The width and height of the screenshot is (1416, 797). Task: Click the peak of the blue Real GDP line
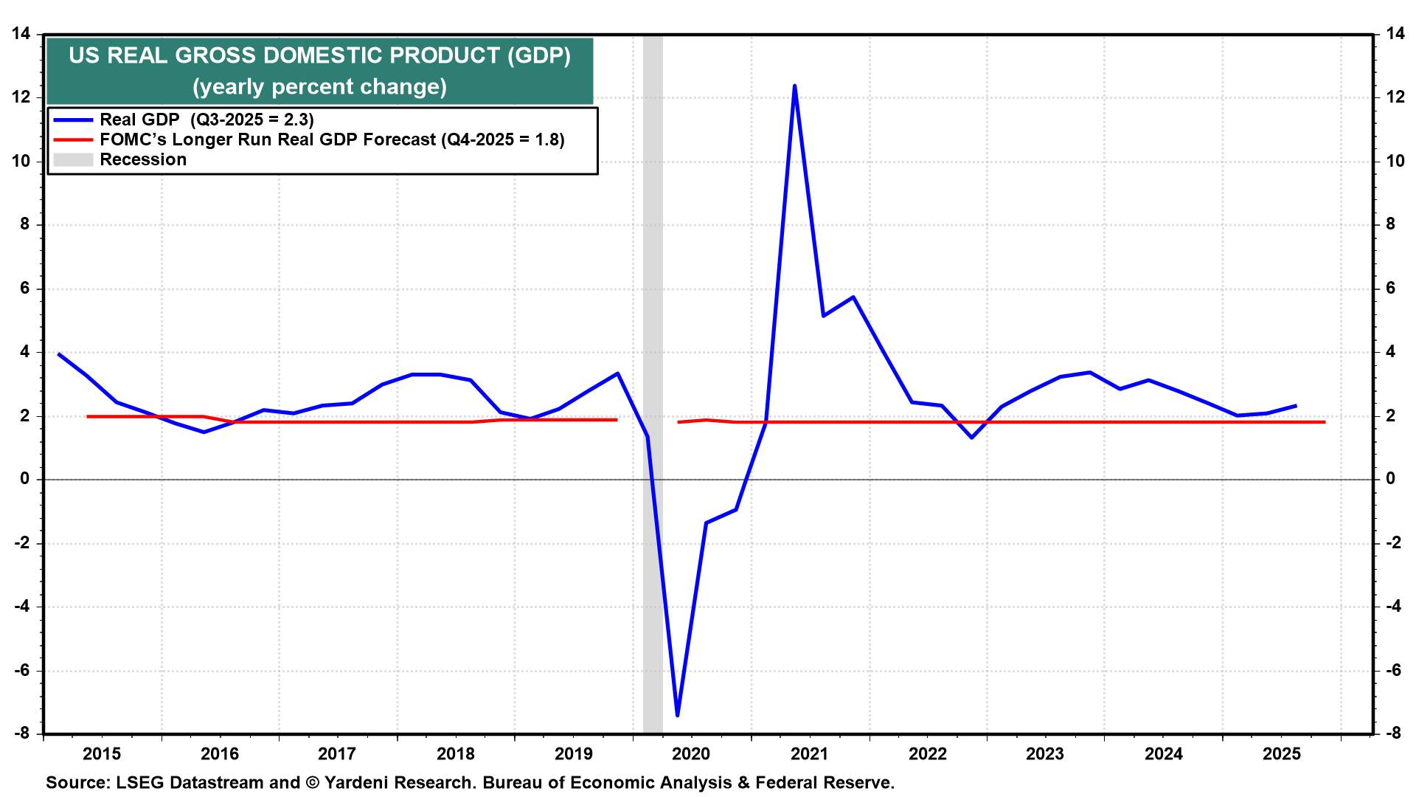click(794, 86)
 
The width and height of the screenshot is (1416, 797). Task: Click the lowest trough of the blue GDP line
click(677, 714)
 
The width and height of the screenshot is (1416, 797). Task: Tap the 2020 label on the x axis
click(691, 753)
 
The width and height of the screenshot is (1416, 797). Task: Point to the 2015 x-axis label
click(102, 753)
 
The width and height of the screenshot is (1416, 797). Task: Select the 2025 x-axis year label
click(1282, 753)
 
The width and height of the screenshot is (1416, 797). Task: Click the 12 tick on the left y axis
click(21, 97)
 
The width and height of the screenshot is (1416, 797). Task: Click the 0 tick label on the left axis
click(25, 479)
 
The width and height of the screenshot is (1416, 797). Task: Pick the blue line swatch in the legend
click(73, 120)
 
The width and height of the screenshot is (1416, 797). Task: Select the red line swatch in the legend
click(73, 140)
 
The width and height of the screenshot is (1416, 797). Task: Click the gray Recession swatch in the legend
click(73, 160)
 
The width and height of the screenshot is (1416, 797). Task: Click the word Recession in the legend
click(143, 160)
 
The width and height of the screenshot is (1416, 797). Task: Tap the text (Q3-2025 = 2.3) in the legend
click(252, 120)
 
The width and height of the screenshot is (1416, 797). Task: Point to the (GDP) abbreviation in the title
click(538, 56)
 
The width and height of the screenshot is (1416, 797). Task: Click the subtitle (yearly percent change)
click(319, 87)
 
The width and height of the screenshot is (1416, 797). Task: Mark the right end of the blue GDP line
click(1296, 406)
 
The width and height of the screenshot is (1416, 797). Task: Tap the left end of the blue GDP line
click(59, 354)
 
